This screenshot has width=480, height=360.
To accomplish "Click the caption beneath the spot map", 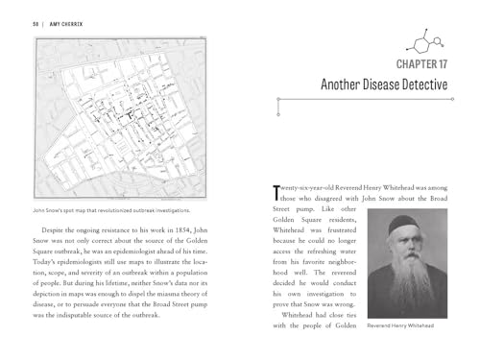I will pyautogui.click(x=112, y=210).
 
